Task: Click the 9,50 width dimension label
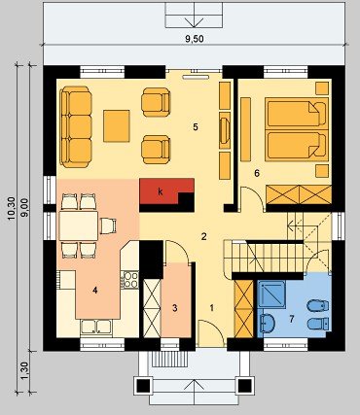(195, 39)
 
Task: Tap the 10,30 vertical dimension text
(12, 208)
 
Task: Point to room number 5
(196, 127)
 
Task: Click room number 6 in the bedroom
(257, 173)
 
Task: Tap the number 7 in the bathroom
(291, 319)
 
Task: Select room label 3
(175, 308)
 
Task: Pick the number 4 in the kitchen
(94, 291)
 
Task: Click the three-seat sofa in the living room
(77, 126)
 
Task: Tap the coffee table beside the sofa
(117, 125)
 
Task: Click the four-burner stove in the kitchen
(129, 280)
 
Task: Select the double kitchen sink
(96, 327)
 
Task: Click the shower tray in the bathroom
(271, 294)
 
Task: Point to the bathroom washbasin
(267, 323)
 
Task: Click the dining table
(79, 225)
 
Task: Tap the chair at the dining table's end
(108, 225)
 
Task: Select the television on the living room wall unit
(224, 130)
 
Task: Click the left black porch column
(143, 386)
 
